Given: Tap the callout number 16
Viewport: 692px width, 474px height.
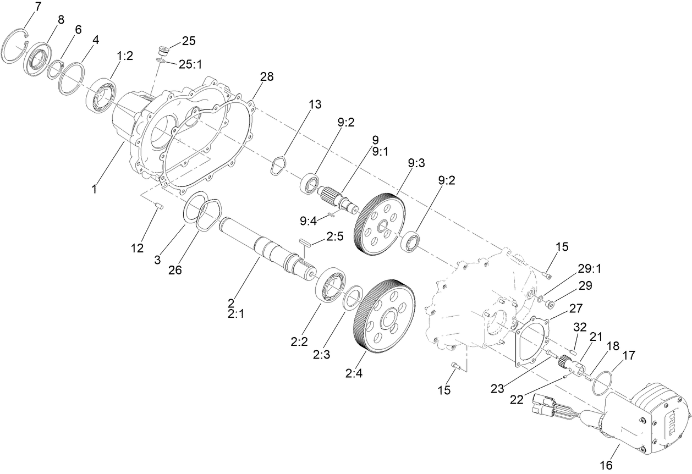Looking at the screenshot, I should (x=606, y=465).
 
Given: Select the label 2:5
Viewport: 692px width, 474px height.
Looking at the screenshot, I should (x=334, y=236).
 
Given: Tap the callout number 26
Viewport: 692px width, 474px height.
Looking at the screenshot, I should (x=175, y=271).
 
